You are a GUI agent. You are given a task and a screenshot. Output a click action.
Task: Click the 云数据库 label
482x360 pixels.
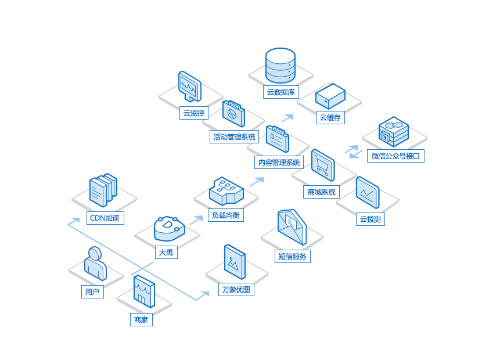pos(281,92)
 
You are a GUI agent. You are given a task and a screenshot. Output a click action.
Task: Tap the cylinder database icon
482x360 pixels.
pos(280,66)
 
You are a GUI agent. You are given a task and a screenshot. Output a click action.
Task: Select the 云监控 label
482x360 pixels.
pos(194,113)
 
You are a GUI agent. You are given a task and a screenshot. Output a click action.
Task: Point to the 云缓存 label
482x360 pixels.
pos(330,117)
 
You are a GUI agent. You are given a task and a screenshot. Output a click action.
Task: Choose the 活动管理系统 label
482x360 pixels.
pos(234,136)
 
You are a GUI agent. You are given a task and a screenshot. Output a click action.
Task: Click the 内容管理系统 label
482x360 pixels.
pos(279,162)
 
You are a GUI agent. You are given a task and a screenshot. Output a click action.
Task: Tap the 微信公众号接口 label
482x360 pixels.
pos(398,156)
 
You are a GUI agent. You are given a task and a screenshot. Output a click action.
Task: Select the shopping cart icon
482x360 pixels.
pos(322,165)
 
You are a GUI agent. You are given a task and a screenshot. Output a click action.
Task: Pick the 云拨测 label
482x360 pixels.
pos(370,219)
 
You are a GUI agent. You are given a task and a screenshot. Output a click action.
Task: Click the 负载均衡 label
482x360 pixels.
pos(226,215)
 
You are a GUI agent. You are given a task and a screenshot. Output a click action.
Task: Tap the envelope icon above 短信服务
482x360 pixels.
pos(292,227)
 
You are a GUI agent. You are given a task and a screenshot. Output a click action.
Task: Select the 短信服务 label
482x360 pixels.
pos(293,256)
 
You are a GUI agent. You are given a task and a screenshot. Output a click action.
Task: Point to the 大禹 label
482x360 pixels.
pos(166,253)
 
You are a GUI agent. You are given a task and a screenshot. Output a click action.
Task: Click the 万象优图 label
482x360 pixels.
pos(236,289)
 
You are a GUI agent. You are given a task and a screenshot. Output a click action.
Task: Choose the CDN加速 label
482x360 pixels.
pos(105,218)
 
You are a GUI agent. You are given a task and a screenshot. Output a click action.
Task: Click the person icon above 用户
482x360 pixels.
pos(95,264)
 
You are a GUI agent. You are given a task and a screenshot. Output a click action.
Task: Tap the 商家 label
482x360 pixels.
pos(141,319)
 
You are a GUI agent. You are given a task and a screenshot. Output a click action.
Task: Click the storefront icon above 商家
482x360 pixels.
pos(143,291)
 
